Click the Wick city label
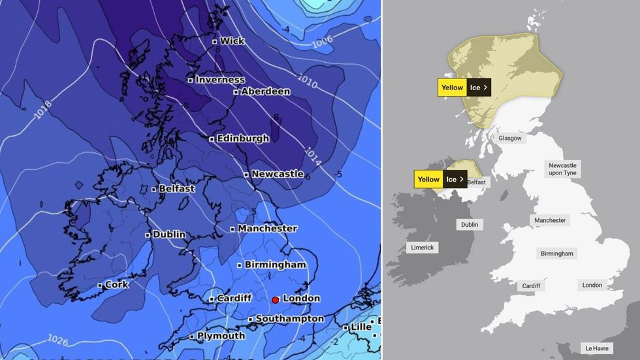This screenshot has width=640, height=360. click(232, 41)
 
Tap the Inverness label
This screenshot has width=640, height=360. click(219, 80)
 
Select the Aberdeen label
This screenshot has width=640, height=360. click(265, 91)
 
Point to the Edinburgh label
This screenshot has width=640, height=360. click(239, 139)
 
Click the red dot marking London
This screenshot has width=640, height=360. click(276, 299)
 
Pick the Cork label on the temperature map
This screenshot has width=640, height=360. click(117, 285)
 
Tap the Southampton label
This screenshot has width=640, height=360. click(289, 319)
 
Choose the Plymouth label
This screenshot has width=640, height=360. click(221, 336)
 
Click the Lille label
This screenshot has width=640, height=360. click(360, 327)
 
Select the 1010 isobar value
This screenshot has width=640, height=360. click(308, 83)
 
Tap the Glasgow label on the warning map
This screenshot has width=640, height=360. click(509, 139)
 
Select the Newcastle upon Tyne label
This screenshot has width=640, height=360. click(562, 169)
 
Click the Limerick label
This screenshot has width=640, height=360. click(422, 248)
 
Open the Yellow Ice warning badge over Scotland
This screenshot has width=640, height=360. click(464, 88)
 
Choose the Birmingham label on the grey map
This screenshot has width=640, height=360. click(557, 254)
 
